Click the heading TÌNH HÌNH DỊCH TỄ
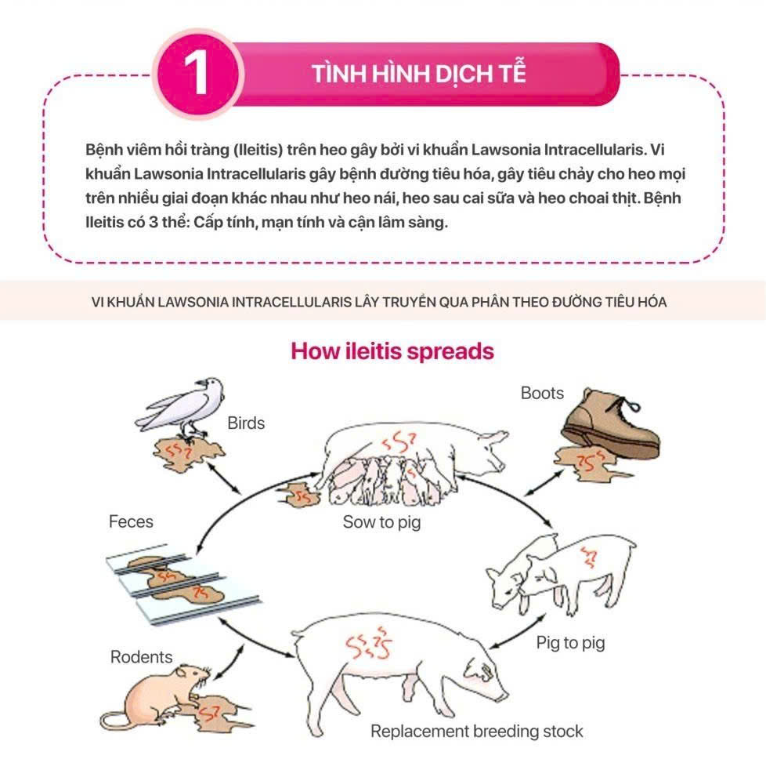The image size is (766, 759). click(x=419, y=74)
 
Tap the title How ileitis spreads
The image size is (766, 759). click(x=392, y=351)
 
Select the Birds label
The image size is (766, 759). click(x=246, y=423)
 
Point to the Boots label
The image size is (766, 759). click(x=542, y=393)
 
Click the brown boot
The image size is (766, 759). click(x=611, y=423)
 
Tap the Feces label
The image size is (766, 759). click(x=131, y=522)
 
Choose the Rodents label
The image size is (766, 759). click(x=141, y=657)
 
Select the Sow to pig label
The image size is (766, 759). click(x=381, y=522)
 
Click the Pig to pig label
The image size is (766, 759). click(x=571, y=643)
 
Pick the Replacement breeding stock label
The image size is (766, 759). click(x=477, y=731)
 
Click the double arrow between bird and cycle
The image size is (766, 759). click(x=224, y=478)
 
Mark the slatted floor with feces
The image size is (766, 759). click(x=183, y=584)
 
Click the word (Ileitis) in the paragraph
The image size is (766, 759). click(x=258, y=150)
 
